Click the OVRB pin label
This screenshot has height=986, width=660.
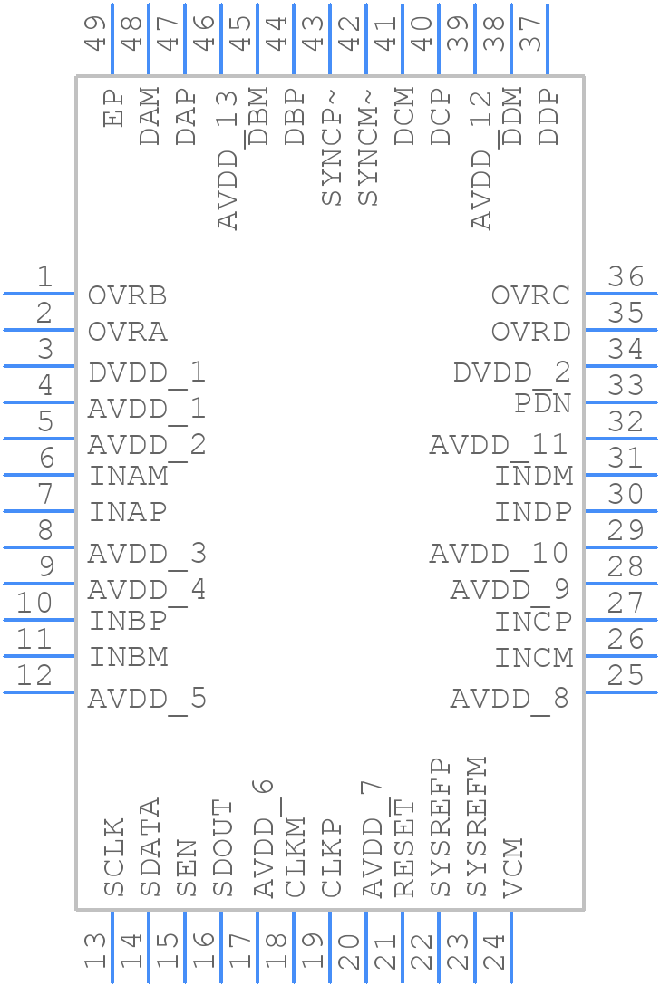127,296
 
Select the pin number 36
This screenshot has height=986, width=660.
626,277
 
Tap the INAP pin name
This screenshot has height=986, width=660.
127,512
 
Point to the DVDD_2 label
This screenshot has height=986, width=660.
511,372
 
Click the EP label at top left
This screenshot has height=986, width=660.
113,108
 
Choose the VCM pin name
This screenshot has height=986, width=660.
512,868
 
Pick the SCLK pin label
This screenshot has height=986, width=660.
113,857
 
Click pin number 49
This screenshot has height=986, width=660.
95,31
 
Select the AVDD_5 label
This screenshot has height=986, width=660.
147,699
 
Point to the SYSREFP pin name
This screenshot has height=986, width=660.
440,827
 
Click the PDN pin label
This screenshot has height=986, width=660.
542,403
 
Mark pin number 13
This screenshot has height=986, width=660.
95,952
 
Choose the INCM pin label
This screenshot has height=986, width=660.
533,657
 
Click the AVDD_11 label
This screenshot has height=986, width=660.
499,445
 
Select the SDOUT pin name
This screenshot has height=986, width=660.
222,848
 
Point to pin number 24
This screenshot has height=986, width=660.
494,952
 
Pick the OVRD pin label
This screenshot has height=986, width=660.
530,332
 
